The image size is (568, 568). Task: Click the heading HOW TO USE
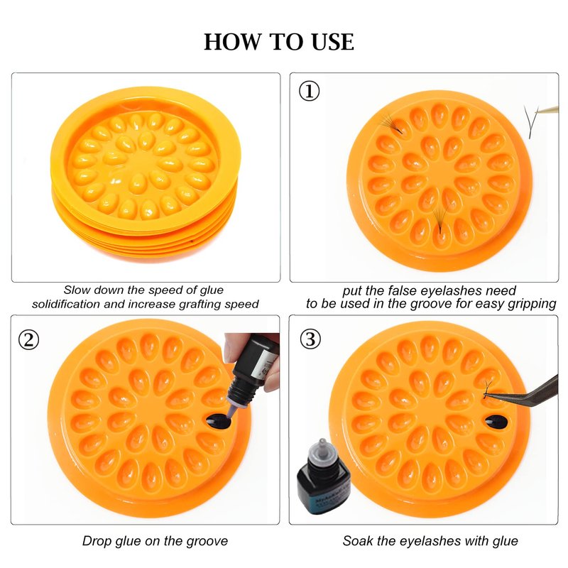279,42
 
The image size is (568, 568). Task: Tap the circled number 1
309,91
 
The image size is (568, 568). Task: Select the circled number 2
28,340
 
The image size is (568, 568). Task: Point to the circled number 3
310,339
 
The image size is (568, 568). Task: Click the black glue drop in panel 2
218,421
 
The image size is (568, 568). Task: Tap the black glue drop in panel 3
496,421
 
